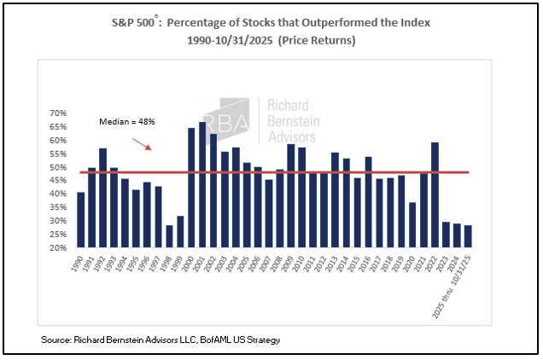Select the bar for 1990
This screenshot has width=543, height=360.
pos(81,220)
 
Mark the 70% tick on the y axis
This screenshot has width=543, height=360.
pos(58,113)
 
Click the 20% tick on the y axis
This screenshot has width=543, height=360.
pos(58,248)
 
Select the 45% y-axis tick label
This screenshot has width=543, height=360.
pos(58,181)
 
